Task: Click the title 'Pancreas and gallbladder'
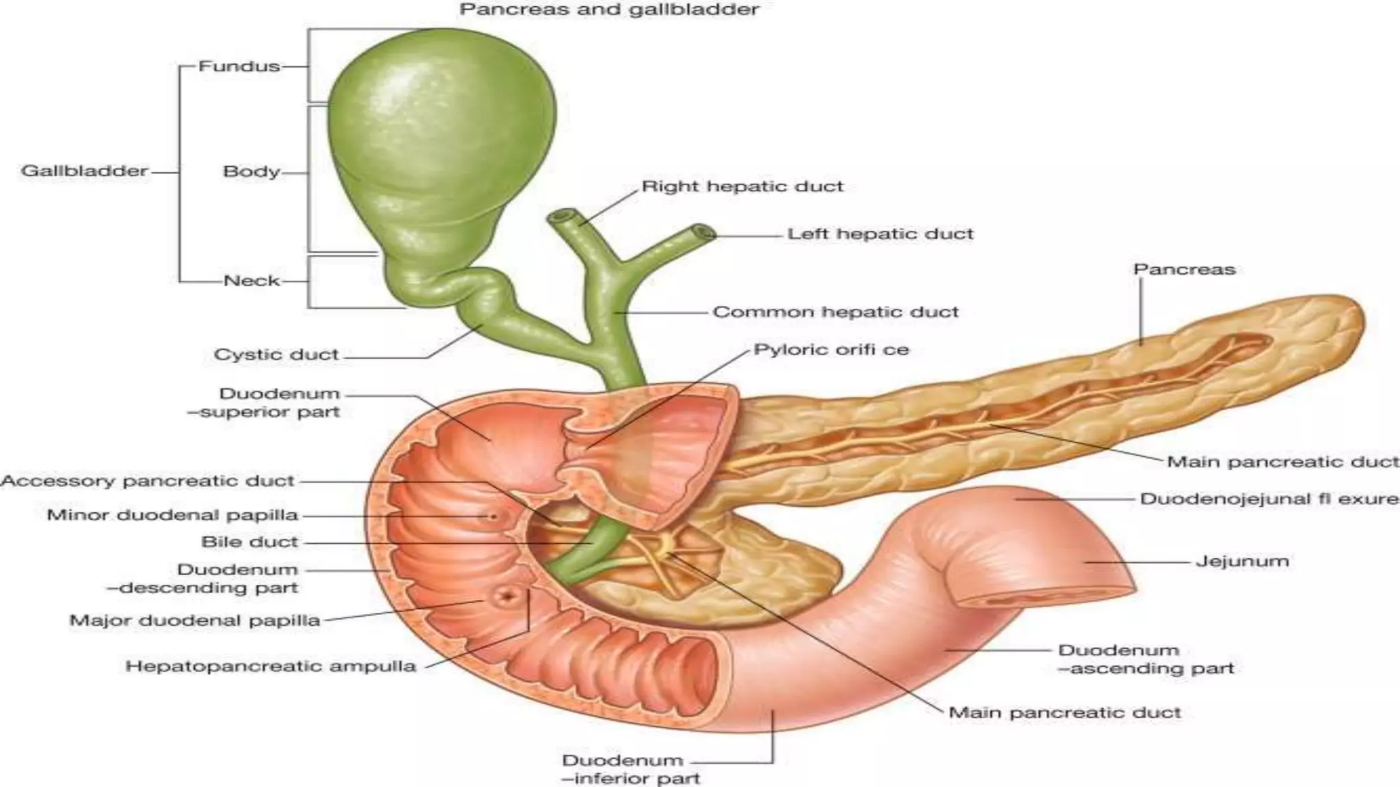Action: click(608, 10)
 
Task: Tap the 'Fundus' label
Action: click(239, 66)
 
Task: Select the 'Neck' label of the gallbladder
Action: click(252, 281)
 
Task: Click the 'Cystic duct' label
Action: click(276, 355)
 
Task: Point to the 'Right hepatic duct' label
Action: click(742, 187)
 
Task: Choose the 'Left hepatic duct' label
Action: click(880, 234)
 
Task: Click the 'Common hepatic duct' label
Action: click(835, 312)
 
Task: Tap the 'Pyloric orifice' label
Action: click(831, 350)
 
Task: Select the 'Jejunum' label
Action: click(1242, 562)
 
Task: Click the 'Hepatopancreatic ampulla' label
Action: click(271, 666)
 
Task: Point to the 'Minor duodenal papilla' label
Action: click(172, 515)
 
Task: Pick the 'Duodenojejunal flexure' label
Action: click(1269, 499)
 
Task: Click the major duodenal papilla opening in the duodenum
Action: click(507, 597)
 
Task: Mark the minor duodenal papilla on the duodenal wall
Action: click(492, 516)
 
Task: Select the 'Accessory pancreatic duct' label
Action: click(148, 481)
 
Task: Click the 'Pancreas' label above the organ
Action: click(1184, 269)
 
